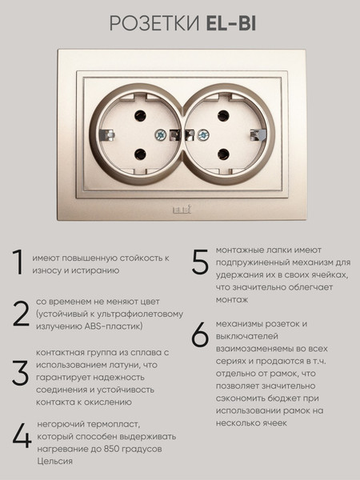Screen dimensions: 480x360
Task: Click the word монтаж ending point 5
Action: pos(231,300)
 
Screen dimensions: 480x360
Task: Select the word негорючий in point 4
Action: pos(59,424)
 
